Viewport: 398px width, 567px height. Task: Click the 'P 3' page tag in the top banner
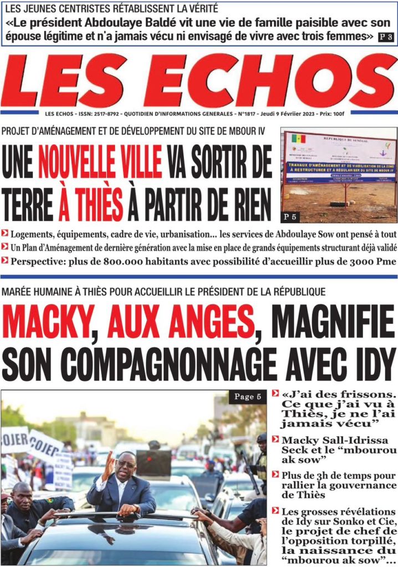click(x=386, y=37)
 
